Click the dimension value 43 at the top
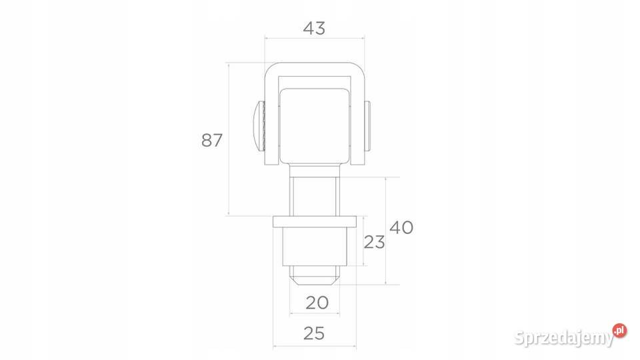point(314,28)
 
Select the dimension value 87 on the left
point(212,140)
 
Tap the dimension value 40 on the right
point(401,227)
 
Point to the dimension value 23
point(374,242)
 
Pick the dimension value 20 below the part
point(317,303)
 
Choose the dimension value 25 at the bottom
point(314,333)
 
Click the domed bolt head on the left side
point(259,126)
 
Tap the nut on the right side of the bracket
point(367,126)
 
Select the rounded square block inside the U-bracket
point(314,126)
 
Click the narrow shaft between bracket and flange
point(314,190)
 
